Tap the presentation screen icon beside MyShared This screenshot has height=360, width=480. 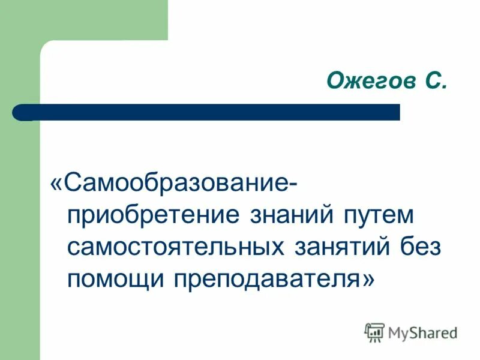point(374,332)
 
